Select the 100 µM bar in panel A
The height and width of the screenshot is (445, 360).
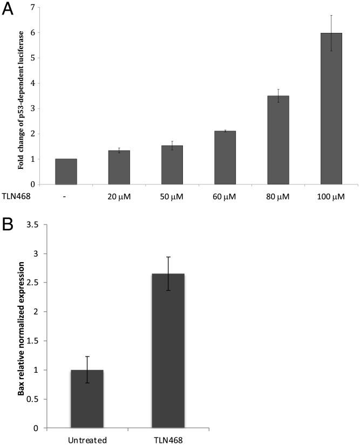coord(331,108)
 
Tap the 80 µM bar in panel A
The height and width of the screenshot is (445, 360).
coord(278,140)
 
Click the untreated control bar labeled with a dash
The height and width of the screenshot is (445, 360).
coord(65,172)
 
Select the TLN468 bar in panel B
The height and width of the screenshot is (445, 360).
coord(168,351)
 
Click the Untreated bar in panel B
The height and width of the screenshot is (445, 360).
coord(86,399)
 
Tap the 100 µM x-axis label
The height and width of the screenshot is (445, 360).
coord(331,197)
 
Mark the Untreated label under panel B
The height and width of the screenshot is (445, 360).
coord(86,439)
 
